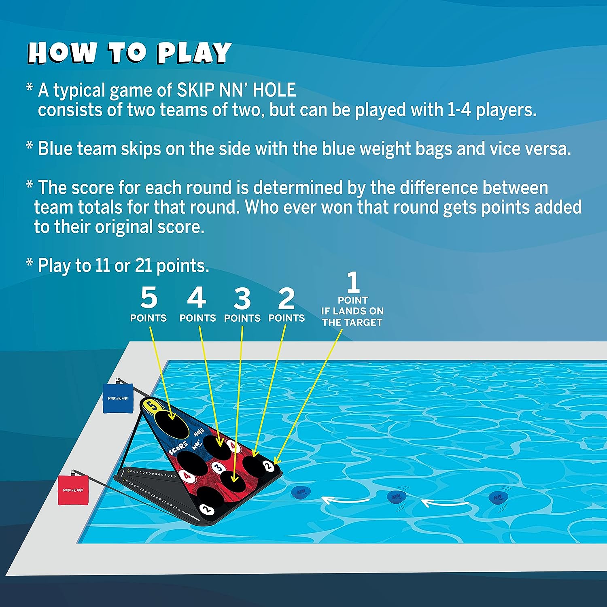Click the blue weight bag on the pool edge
click(x=118, y=398)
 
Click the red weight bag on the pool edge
click(x=73, y=490)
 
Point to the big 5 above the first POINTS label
click(x=149, y=298)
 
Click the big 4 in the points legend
click(x=197, y=298)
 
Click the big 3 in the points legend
click(x=242, y=299)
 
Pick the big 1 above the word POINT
click(x=353, y=282)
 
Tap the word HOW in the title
click(x=62, y=53)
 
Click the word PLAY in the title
click(x=194, y=53)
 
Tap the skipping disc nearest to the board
click(x=301, y=492)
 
